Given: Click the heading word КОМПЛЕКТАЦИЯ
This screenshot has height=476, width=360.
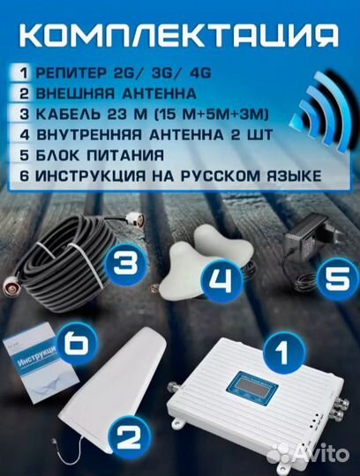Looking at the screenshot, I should (x=180, y=35).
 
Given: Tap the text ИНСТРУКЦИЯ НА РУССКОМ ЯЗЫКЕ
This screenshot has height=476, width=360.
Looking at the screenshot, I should (x=167, y=175).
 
